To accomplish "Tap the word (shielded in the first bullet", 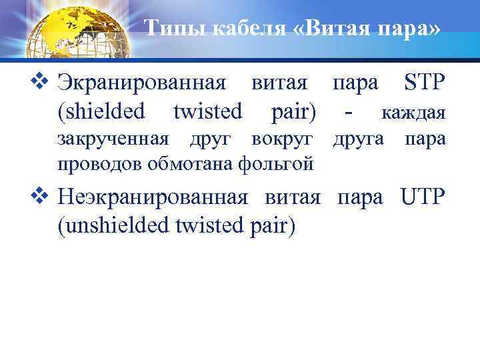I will coord(101,112).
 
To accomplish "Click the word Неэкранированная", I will coord(153,198).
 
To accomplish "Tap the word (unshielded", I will coord(114,225).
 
